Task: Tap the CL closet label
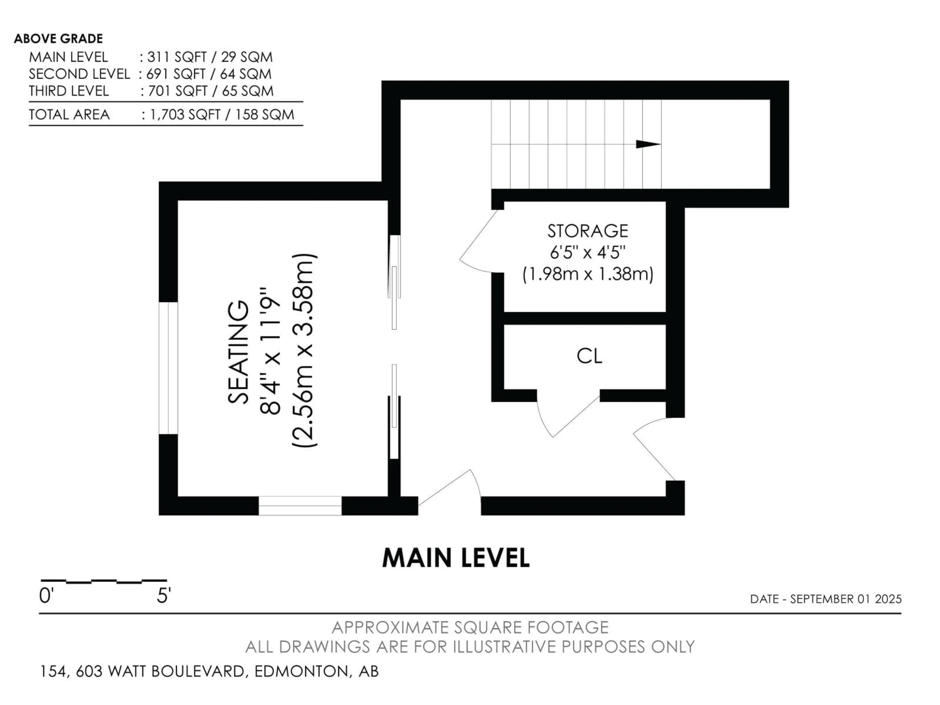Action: click(x=589, y=356)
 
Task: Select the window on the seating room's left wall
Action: click(x=168, y=368)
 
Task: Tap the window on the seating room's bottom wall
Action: click(x=300, y=506)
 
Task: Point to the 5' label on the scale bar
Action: click(x=164, y=596)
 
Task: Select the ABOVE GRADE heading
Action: click(x=58, y=39)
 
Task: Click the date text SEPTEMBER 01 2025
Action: click(x=846, y=599)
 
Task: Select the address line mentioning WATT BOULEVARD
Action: click(x=209, y=671)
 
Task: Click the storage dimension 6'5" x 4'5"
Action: click(x=588, y=253)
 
